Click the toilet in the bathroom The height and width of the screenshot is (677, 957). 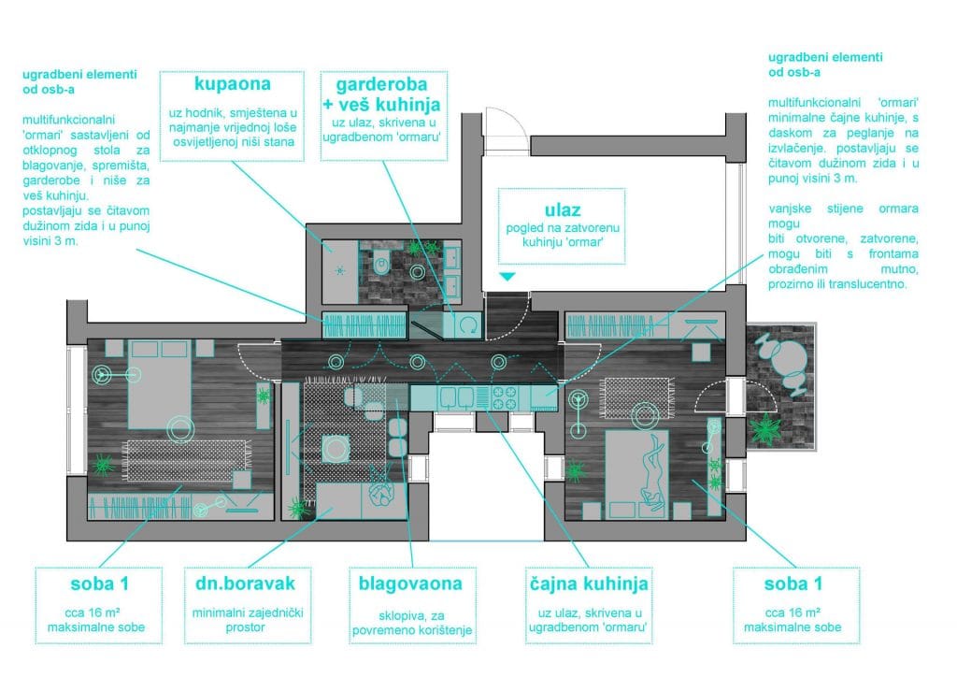(381, 266)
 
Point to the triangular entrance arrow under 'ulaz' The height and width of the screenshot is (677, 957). (507, 277)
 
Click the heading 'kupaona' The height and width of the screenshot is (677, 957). (232, 84)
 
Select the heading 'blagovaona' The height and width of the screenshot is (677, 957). (410, 583)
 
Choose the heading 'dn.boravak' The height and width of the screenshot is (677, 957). (241, 583)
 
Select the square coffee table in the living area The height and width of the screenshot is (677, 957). (336, 447)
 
